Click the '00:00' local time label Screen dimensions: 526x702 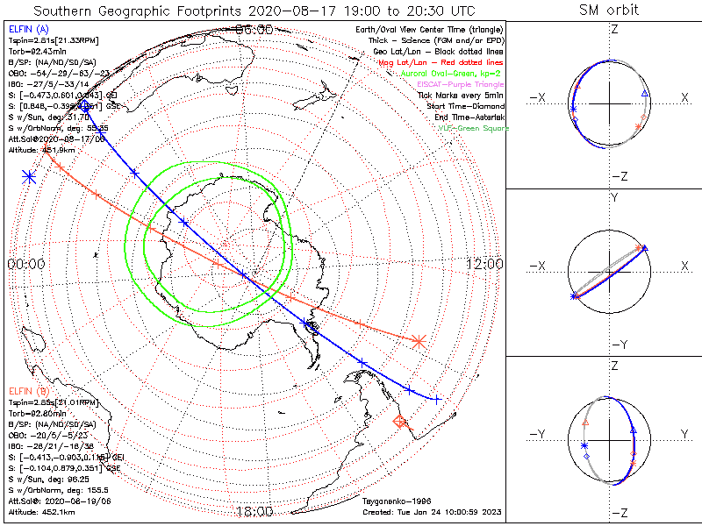(x=26, y=264)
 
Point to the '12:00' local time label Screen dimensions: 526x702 (x=483, y=264)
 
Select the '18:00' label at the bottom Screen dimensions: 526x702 (x=254, y=511)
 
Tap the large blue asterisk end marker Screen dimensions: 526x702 (x=30, y=177)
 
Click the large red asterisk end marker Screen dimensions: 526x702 (x=419, y=340)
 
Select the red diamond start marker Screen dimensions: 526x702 (x=401, y=423)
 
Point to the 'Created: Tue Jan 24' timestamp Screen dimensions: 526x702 (x=431, y=512)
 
